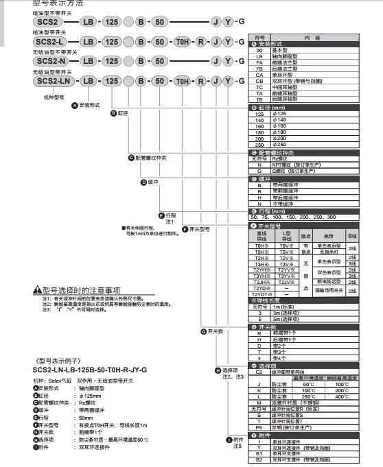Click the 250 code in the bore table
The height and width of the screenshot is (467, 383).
[x=259, y=144]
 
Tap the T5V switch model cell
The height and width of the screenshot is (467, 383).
[x=286, y=251]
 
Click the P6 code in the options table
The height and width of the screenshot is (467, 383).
[x=259, y=424]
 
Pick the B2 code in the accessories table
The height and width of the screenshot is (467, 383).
[x=259, y=459]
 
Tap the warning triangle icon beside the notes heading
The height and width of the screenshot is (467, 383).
[x=38, y=291]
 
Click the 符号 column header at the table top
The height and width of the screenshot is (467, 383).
[x=259, y=38]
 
